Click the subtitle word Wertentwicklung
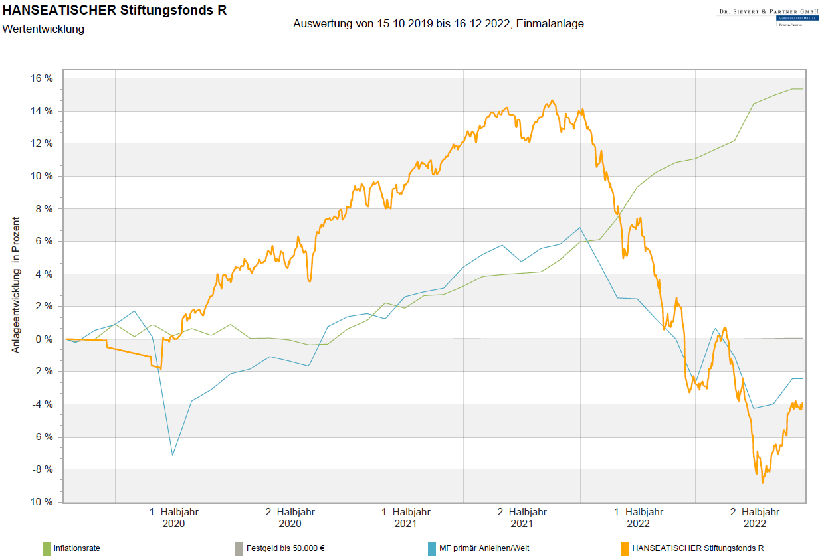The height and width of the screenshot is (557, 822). (43, 29)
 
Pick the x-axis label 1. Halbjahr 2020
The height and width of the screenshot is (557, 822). (173, 517)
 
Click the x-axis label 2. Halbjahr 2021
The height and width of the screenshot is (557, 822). (522, 517)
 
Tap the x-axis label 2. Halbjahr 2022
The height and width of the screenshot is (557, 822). (754, 517)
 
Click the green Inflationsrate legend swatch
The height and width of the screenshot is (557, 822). (46, 548)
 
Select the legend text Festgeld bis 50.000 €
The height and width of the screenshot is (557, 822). (285, 548)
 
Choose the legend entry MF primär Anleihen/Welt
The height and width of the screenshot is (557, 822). (484, 548)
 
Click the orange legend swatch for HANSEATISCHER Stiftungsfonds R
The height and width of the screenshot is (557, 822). (624, 548)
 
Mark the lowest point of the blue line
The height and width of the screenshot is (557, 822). (173, 455)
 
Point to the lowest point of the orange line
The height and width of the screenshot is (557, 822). (762, 483)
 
